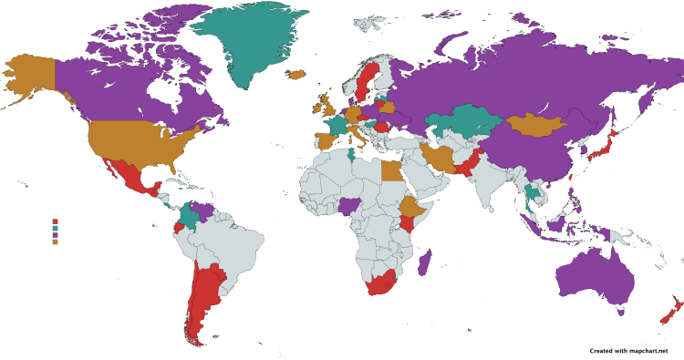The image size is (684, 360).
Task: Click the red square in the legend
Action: [x=56, y=221]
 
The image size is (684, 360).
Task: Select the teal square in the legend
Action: [x=56, y=228]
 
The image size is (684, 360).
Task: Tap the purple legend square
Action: [x=56, y=235]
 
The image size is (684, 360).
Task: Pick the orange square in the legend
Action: [x=56, y=242]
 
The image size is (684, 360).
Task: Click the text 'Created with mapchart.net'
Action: [x=635, y=350]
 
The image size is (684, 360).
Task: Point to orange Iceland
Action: [x=296, y=75]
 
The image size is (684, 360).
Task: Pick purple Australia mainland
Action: [x=593, y=273]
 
